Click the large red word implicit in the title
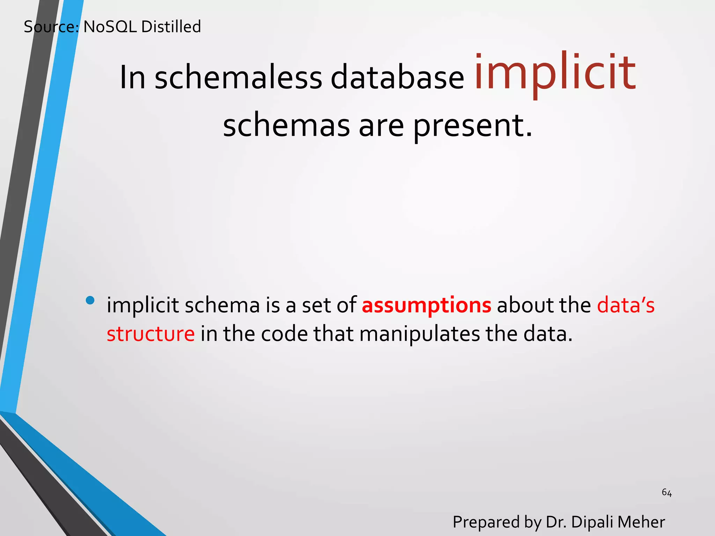555,74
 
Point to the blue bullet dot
90,300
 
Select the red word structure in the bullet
150,334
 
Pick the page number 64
666,493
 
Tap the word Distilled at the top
171,27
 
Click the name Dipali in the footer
592,522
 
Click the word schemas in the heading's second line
286,126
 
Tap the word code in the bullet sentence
284,334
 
